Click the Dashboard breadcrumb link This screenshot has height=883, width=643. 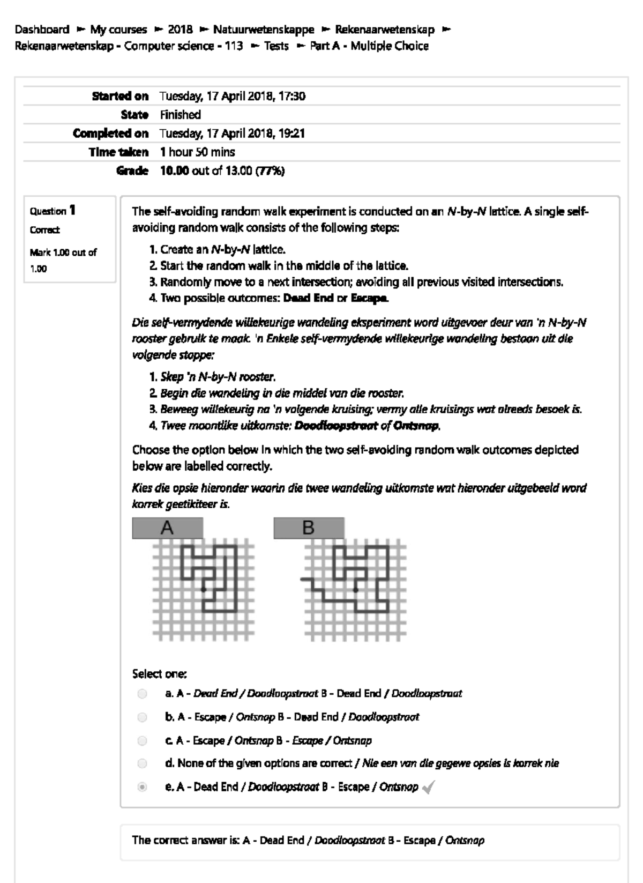[42, 29]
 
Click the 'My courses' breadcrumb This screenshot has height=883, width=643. [118, 29]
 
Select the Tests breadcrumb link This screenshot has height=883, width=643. [276, 46]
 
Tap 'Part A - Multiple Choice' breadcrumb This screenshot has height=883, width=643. [369, 46]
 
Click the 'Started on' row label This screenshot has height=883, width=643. [120, 97]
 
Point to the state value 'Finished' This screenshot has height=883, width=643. [181, 115]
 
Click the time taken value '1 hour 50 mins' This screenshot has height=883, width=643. [197, 152]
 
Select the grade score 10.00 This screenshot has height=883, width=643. [174, 171]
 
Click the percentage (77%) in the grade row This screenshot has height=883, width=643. [271, 171]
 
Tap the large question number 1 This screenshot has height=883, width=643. [72, 210]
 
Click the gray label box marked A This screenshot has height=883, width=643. [168, 528]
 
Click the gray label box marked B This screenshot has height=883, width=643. [309, 528]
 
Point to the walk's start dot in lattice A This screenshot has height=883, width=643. [204, 590]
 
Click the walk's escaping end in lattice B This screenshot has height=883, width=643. [302, 580]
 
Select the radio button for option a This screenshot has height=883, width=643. [142, 694]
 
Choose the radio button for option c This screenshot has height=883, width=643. [142, 740]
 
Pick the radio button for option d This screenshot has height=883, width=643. [142, 763]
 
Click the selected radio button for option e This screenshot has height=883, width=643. [142, 787]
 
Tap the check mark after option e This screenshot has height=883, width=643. [428, 787]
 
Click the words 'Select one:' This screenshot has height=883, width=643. [159, 674]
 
